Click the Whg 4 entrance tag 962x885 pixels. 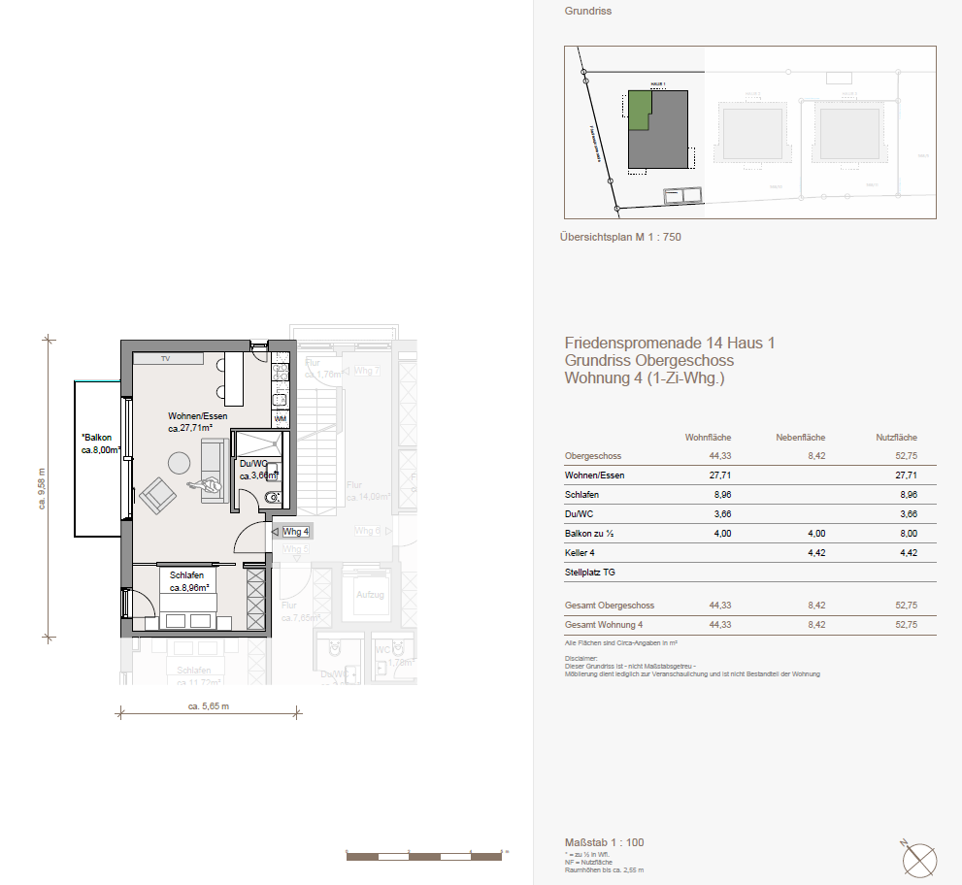295,532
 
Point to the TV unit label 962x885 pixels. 166,359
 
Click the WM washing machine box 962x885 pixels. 281,419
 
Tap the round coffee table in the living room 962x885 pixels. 180,463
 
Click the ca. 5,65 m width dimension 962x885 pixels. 209,706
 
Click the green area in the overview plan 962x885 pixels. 639,107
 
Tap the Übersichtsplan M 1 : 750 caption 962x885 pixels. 620,237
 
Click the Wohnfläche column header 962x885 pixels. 708,438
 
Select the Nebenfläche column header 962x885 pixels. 801,438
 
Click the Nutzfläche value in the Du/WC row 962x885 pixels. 906,514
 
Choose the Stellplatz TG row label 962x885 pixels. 589,574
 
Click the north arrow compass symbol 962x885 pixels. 919,858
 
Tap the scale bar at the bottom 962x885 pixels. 424,856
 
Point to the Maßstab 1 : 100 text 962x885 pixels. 603,841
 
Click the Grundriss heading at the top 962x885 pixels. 587,12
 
